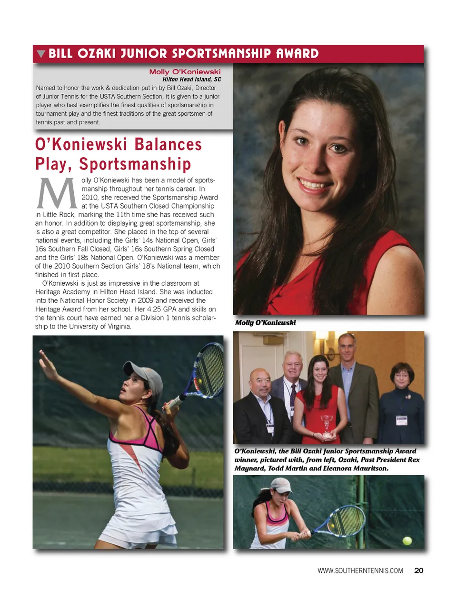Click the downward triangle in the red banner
point(41,53)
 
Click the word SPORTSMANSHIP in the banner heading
point(221,53)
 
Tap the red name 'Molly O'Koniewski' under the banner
point(185,72)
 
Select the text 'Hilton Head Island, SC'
point(191,80)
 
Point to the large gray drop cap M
point(57,193)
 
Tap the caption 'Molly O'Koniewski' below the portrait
point(265,322)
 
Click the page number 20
point(419,571)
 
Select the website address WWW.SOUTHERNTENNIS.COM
point(360,571)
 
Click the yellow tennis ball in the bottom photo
point(407,541)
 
